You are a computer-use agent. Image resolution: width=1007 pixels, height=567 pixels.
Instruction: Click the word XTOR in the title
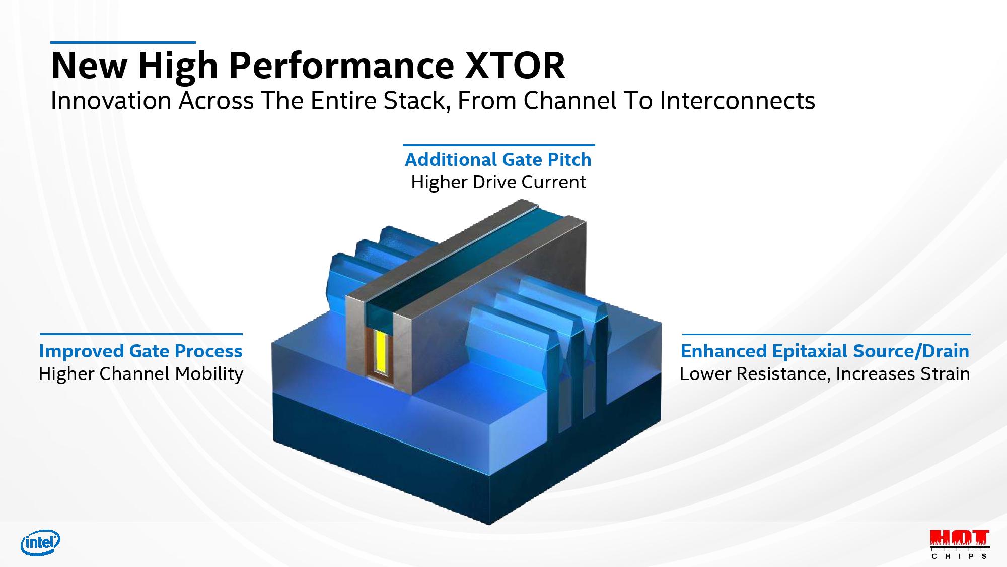[x=515, y=66]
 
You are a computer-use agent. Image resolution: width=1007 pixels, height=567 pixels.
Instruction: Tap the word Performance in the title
[x=341, y=66]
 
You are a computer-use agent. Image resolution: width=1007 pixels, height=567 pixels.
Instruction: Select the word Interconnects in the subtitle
[x=737, y=101]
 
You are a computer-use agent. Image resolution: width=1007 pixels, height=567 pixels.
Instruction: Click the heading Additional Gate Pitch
[x=498, y=160]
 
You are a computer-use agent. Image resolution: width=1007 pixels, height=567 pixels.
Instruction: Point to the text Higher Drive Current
[x=498, y=182]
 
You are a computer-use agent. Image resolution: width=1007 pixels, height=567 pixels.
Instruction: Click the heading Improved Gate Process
[x=141, y=351]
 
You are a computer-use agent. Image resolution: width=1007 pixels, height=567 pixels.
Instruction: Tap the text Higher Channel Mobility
[x=141, y=374]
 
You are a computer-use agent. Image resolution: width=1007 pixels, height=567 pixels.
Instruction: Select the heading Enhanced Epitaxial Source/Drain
[x=825, y=351]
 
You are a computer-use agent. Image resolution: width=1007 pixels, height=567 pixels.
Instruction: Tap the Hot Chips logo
[x=960, y=544]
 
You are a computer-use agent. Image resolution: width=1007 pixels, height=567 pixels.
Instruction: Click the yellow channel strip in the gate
[x=382, y=352]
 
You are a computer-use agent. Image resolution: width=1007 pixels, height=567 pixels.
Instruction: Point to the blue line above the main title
[x=123, y=43]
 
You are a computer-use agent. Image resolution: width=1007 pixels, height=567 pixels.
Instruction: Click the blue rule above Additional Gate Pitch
[x=499, y=145]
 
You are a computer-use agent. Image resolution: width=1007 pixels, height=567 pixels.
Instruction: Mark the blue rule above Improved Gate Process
[x=141, y=334]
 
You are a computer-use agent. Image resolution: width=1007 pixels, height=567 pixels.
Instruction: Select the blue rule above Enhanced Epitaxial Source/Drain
[x=826, y=334]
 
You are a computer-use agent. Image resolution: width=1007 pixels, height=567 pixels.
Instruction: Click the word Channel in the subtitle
[x=570, y=101]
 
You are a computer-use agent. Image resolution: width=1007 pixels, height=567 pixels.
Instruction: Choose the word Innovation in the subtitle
[x=111, y=101]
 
